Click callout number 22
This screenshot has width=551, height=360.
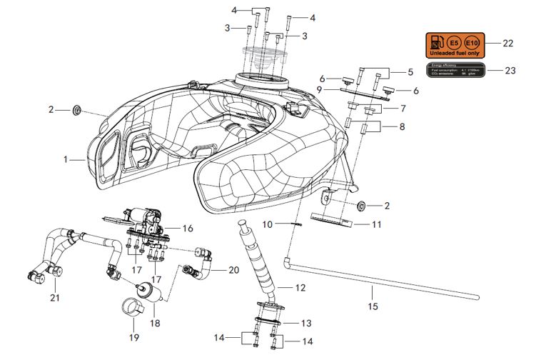click(x=507, y=44)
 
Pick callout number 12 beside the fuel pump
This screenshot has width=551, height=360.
click(x=300, y=287)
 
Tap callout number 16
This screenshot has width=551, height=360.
click(x=188, y=229)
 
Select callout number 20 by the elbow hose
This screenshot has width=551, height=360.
click(x=233, y=270)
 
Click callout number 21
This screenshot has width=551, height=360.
click(x=54, y=296)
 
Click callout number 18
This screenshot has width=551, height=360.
click(x=155, y=323)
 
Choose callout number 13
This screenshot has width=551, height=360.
click(x=305, y=323)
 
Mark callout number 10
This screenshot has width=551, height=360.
click(x=267, y=224)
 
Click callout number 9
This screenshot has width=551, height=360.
click(x=320, y=89)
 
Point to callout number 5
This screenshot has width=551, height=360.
click(x=410, y=71)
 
